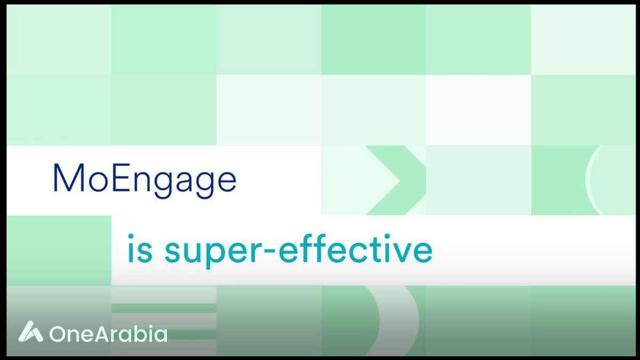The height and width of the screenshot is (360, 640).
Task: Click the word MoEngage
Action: pos(145,181)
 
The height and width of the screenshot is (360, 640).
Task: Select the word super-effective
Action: pos(299,251)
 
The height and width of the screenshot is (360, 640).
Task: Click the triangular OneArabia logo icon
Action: pos(30,331)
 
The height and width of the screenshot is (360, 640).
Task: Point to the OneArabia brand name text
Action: pos(108,333)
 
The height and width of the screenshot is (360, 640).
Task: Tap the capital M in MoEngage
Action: pos(69,178)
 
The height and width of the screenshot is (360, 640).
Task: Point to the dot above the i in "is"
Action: pos(131,237)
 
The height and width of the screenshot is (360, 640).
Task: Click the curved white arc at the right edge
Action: pos(593,180)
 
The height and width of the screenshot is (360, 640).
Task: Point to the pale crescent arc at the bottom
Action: pos(403,321)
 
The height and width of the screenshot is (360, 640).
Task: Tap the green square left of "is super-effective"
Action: pos(59,251)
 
